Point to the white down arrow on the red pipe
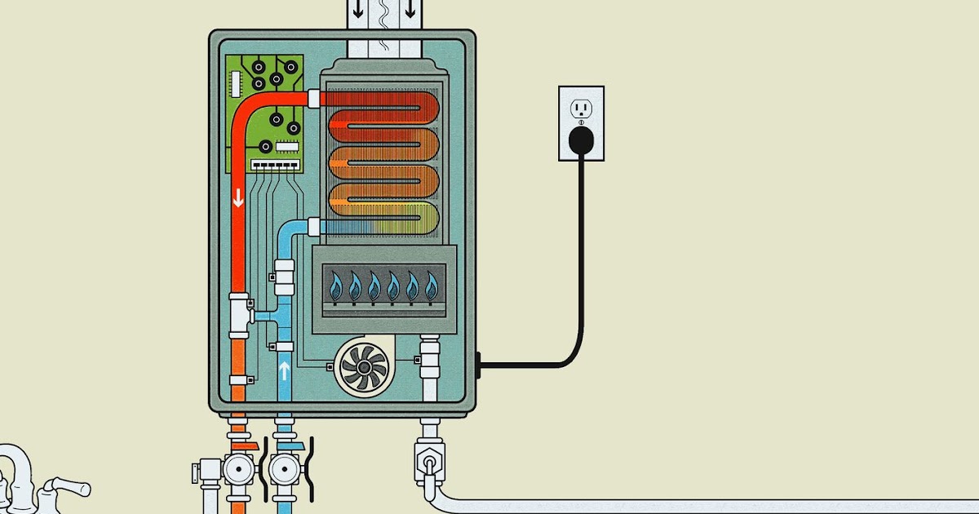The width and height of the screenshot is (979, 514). (x=238, y=197)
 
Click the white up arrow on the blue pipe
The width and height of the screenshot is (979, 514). (x=284, y=371)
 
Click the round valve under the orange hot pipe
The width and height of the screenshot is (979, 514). (x=238, y=472)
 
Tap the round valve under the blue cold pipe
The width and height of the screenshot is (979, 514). (x=284, y=472)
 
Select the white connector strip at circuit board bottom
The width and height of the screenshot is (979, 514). (x=273, y=164)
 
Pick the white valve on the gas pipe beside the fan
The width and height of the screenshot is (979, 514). (x=429, y=359)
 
